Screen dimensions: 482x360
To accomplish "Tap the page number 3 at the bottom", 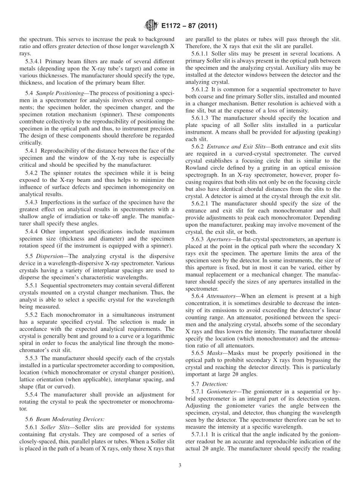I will [x=180, y=466].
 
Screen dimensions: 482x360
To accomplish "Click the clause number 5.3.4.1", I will [x=34, y=61].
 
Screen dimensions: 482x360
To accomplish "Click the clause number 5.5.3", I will [x=31, y=358].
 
